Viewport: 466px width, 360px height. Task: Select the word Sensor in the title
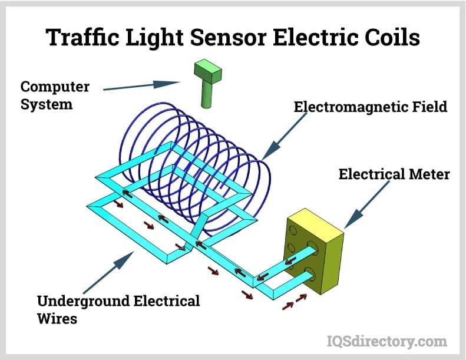click(232, 37)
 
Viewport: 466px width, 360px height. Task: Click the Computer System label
click(55, 96)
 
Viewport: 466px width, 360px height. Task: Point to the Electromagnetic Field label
click(371, 107)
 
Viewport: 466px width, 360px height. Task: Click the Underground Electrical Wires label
click(118, 310)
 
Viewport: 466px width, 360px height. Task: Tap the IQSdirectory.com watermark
click(386, 341)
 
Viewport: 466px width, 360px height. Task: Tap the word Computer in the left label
click(55, 87)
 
